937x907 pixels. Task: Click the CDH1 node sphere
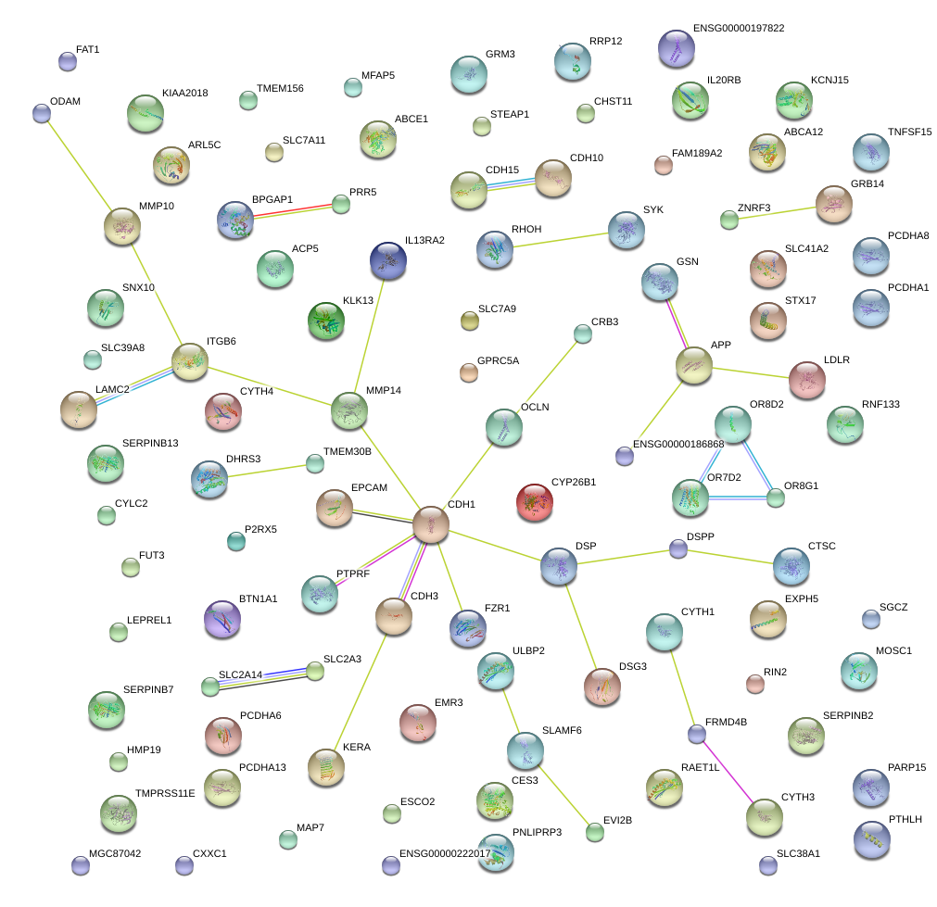click(431, 523)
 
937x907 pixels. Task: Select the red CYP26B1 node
click(534, 501)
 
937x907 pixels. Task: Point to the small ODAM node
click(41, 113)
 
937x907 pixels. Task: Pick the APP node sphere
click(694, 365)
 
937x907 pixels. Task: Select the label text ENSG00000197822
click(738, 29)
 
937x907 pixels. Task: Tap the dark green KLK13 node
click(326, 320)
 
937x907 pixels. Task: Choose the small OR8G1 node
click(775, 498)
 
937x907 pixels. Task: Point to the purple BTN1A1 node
click(222, 618)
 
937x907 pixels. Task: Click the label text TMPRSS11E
click(165, 794)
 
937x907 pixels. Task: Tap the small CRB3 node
click(582, 334)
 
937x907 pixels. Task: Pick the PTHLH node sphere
click(870, 838)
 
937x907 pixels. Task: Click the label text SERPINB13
click(150, 444)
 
